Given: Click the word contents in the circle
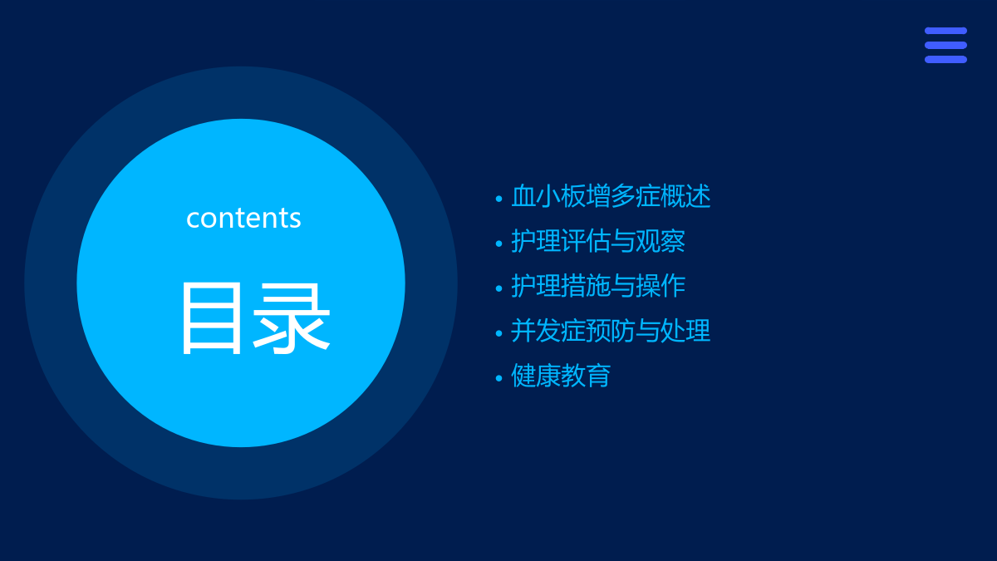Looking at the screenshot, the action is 243,218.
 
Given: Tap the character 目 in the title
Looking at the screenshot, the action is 212,319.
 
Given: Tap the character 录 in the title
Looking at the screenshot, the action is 292,319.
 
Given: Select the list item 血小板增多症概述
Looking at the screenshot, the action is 611,196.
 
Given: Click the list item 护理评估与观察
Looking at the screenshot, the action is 598,241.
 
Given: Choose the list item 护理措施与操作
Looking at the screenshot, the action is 598,285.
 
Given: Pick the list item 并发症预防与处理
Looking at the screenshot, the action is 611,331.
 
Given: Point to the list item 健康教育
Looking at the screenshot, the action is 561,376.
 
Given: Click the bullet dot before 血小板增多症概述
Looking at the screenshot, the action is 499,199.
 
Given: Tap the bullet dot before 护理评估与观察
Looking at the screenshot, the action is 499,244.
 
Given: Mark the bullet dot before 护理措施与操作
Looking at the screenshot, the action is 499,288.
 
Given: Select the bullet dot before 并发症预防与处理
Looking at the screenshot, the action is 499,333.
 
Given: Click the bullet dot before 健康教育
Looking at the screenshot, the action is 499,378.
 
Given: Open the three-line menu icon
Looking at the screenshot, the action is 945,45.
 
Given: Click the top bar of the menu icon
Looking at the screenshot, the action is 945,31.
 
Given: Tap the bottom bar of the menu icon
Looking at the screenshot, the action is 945,60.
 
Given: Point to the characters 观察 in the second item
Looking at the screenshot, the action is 661,241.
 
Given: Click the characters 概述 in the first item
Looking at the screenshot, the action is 686,196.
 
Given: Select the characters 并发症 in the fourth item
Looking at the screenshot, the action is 548,331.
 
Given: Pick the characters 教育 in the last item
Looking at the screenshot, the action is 586,376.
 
